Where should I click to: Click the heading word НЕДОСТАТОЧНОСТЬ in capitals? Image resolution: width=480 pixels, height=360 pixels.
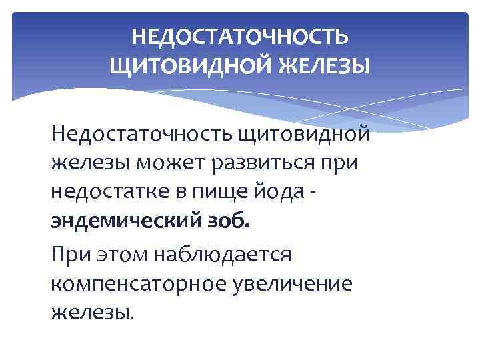pyautogui.click(x=239, y=38)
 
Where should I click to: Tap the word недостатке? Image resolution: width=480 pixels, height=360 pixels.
pyautogui.click(x=99, y=190)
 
